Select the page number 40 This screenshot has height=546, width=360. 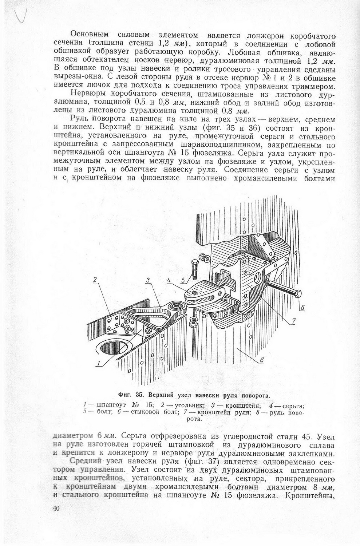56,509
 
